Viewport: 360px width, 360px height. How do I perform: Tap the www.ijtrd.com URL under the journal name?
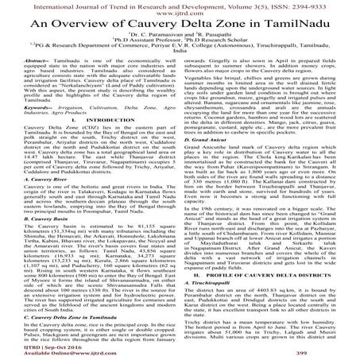coord(180,14)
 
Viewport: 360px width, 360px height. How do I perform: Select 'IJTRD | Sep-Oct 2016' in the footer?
coord(50,346)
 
